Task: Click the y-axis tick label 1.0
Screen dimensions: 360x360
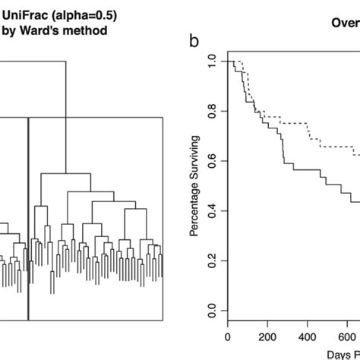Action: [x=213, y=61]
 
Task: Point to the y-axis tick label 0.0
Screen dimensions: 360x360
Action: [x=213, y=311]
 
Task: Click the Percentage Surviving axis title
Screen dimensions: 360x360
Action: [x=194, y=186]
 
